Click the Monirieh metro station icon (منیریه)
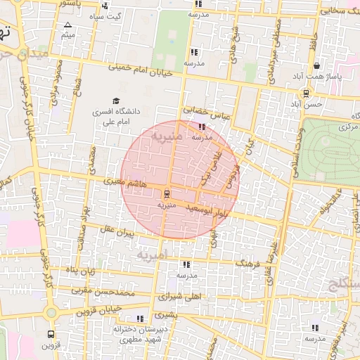click(x=167, y=193)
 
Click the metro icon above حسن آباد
click(x=306, y=92)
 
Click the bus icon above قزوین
click(x=51, y=334)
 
